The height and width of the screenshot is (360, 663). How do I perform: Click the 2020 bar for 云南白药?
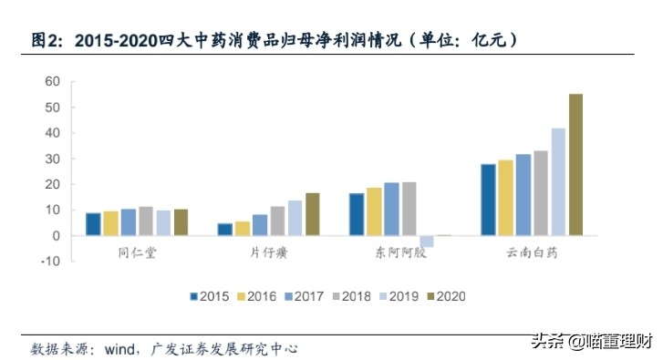575,165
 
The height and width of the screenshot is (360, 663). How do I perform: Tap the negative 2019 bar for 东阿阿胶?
426,241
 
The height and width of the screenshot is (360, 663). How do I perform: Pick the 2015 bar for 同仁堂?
93,224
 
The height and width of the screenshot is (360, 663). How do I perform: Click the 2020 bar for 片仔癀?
312,214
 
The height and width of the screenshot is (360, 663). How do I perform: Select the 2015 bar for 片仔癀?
224,230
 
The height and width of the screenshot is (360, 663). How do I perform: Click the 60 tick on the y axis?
52,82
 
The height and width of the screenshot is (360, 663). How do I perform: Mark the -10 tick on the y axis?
50,262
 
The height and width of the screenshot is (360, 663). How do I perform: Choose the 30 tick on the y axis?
52,159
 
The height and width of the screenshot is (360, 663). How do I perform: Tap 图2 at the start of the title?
47,40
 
